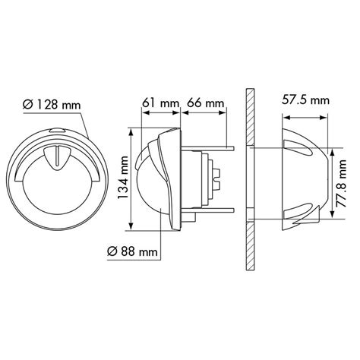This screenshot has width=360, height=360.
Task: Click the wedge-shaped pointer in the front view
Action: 54,155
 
